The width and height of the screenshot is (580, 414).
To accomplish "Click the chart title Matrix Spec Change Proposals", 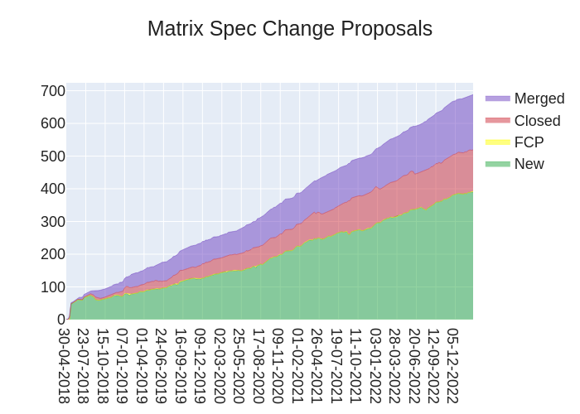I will (x=290, y=28).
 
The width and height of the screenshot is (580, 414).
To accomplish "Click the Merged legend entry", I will (x=539, y=99).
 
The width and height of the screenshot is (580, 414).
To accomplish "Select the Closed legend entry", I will (x=537, y=121).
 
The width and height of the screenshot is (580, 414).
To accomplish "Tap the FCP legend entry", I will (x=529, y=142).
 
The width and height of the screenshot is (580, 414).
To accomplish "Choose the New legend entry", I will (x=529, y=164).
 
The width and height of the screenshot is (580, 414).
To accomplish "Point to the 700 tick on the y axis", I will (x=53, y=91).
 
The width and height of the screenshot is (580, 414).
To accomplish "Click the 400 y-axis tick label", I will (x=53, y=189).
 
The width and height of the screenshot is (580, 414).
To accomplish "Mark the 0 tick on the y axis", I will (x=60, y=320).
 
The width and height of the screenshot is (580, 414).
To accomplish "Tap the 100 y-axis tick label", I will (x=53, y=287).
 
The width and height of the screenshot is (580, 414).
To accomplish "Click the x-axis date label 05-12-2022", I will (x=454, y=365).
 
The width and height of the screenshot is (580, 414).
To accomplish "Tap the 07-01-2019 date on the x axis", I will (x=123, y=365).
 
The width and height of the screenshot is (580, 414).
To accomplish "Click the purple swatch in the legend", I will (x=497, y=99).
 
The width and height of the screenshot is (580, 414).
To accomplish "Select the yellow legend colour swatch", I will (x=497, y=142).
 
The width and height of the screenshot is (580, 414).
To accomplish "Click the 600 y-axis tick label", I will (x=53, y=123).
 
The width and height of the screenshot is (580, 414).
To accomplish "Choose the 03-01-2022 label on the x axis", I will (x=376, y=365).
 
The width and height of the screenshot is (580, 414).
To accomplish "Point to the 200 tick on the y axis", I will (x=53, y=254).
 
